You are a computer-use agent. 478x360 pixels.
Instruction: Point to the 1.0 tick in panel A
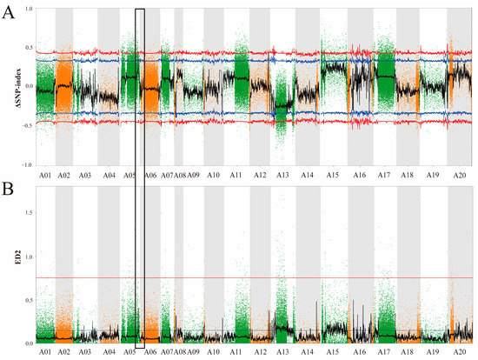[x=29, y=9]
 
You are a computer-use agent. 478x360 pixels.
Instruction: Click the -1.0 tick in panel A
[x=28, y=164]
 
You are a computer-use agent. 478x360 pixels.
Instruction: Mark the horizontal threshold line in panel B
[x=261, y=278]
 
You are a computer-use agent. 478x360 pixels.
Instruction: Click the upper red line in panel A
[x=261, y=53]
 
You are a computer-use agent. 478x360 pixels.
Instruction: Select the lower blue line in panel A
[x=261, y=114]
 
